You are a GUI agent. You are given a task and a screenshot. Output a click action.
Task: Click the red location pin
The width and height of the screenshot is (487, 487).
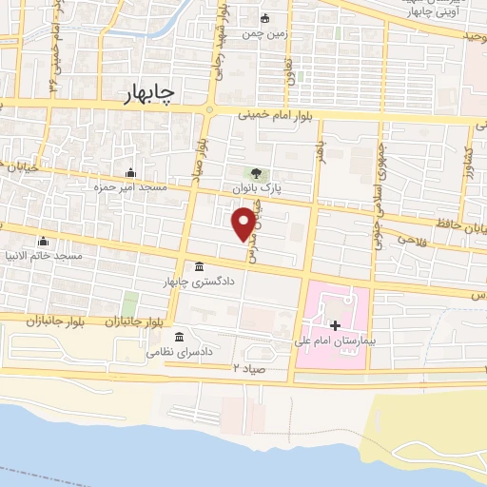243,222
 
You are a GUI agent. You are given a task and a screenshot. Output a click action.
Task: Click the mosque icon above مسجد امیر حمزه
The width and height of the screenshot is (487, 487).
130,172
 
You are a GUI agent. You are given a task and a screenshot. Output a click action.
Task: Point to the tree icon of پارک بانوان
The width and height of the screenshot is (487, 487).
255,172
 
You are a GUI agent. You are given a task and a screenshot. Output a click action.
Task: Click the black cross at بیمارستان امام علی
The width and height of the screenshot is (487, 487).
335,325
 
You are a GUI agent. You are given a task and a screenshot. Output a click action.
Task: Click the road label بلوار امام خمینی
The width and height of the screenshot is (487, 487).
280,113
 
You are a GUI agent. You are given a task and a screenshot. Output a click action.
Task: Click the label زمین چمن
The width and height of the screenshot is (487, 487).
263,34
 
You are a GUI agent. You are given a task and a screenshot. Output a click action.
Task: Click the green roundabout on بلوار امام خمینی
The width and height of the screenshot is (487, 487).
209,110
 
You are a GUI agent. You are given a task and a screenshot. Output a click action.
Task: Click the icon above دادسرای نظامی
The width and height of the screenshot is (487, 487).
180,338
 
